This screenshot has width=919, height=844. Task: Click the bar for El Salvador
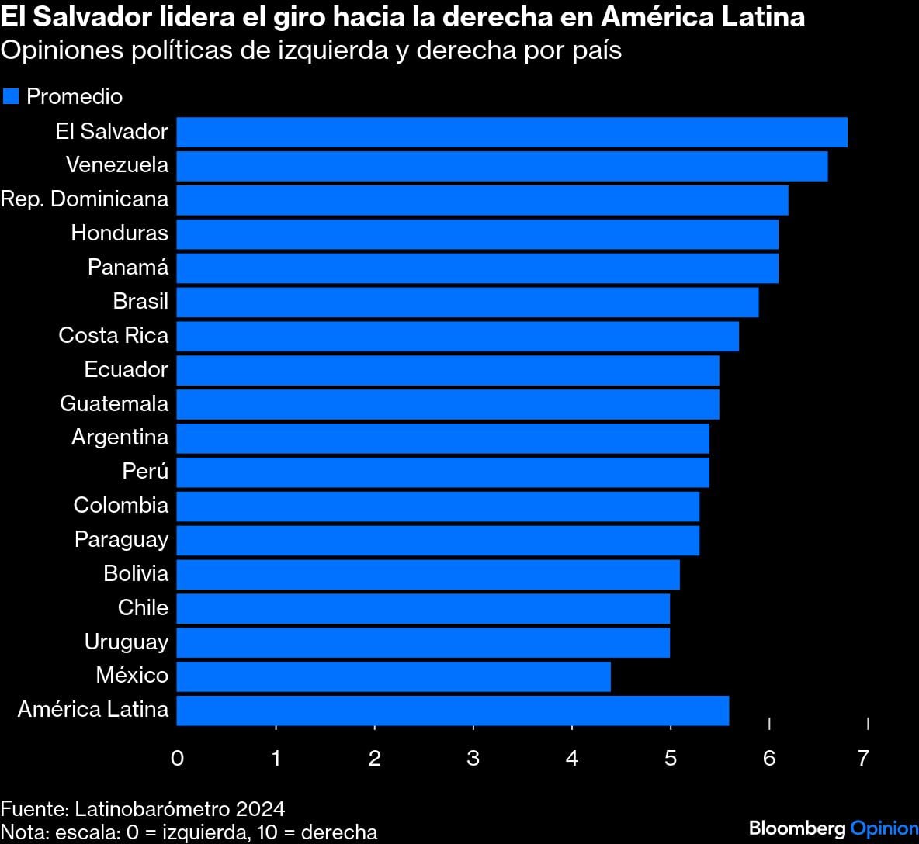tap(512, 132)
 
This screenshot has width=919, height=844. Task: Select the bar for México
tap(394, 676)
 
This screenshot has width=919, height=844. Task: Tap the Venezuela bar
tap(501, 166)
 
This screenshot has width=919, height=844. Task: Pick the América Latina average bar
tap(453, 711)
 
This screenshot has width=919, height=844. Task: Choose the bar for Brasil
tap(467, 302)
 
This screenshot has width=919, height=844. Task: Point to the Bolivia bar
tap(428, 574)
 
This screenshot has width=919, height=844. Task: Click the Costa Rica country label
tap(113, 335)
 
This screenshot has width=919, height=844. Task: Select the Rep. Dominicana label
tap(85, 199)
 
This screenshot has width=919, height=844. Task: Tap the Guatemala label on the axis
tap(114, 403)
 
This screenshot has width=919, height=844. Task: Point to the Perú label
tap(145, 471)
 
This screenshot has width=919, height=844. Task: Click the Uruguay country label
tap(127, 642)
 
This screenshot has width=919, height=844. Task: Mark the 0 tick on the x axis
tap(177, 758)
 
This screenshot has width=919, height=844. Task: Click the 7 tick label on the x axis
tap(863, 758)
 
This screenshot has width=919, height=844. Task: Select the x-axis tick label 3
tap(473, 758)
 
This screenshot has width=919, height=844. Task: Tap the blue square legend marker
tap(11, 96)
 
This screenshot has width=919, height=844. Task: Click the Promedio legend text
tap(75, 96)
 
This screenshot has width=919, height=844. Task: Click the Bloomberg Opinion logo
tap(833, 828)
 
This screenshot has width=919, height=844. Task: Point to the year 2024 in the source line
tap(260, 809)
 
